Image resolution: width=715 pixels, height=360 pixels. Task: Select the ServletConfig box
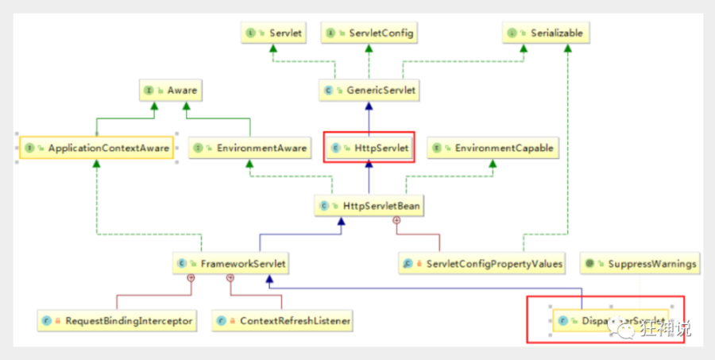pos(369,33)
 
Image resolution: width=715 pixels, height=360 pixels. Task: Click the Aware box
pos(169,91)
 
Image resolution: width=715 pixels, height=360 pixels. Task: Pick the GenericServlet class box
pos(369,91)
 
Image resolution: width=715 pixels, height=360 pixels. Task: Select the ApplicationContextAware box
pos(96,148)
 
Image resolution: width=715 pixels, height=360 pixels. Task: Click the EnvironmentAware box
pos(249,148)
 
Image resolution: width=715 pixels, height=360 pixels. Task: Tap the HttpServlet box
pos(369,148)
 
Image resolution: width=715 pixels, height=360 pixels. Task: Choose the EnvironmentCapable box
pos(492,148)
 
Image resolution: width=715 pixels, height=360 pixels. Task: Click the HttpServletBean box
pos(369,206)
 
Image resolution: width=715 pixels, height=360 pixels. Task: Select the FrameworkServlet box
pos(231,263)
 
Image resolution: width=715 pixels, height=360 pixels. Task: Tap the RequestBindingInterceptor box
pos(117,321)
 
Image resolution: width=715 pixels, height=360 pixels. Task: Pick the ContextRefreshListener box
pos(282,321)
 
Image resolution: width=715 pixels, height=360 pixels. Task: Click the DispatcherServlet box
pos(610,321)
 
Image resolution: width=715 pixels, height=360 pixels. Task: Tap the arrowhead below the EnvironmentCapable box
pos(492,164)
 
